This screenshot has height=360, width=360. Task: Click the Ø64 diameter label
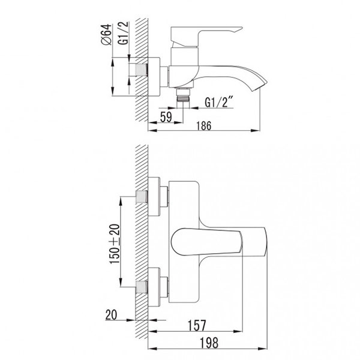(106, 34)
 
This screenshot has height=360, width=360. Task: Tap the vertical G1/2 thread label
(123, 33)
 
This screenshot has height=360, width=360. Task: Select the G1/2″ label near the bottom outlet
(219, 102)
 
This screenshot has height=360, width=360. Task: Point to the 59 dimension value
(166, 117)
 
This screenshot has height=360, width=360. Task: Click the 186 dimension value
(204, 125)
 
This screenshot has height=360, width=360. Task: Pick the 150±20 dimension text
(115, 244)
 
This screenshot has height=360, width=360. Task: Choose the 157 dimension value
(197, 326)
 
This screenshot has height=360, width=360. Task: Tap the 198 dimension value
(209, 343)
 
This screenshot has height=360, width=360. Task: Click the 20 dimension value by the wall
(111, 314)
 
